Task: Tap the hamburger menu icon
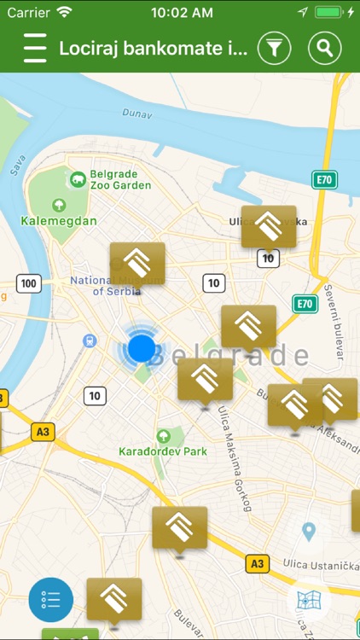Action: (35, 48)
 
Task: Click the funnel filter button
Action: (273, 48)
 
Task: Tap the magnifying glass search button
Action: (324, 48)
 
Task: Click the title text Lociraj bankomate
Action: (154, 48)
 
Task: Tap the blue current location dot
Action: (142, 348)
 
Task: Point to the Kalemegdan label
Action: (59, 220)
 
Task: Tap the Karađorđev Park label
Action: (151, 451)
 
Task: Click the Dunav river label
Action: (136, 112)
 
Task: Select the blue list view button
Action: (50, 599)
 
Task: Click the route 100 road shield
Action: (28, 283)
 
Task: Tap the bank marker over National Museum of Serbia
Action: (137, 265)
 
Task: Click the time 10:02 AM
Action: (181, 13)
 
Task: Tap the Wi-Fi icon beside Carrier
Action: (65, 13)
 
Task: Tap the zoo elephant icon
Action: (78, 178)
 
